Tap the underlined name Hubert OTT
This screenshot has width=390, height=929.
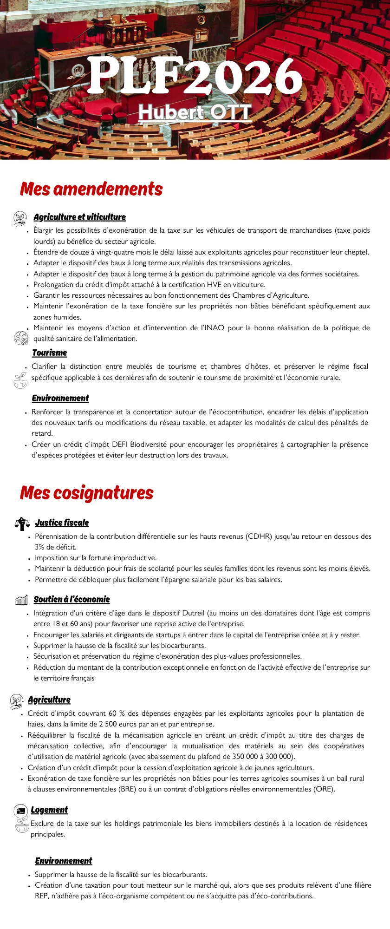(195, 112)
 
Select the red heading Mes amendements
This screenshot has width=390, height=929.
(91, 189)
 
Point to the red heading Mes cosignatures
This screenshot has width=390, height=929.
(87, 493)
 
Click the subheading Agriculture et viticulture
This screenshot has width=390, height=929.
(79, 217)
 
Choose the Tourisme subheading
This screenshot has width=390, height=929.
(49, 353)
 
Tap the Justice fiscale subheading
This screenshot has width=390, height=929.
(62, 523)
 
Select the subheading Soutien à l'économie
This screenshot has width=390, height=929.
(71, 599)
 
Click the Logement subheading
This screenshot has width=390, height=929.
(49, 810)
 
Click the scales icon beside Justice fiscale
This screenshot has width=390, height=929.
(22, 523)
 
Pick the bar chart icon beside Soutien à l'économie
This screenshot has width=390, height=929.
(21, 600)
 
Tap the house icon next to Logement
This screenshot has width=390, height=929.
(20, 811)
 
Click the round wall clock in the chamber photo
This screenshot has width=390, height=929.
(201, 20)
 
